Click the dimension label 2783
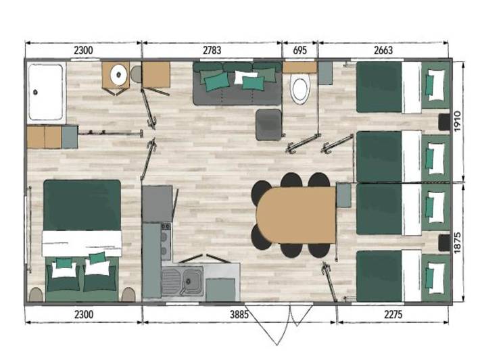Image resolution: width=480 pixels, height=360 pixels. pyautogui.click(x=212, y=49)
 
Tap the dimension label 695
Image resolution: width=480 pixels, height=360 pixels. pyautogui.click(x=299, y=49)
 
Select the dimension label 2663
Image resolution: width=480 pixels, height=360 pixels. pyautogui.click(x=382, y=49)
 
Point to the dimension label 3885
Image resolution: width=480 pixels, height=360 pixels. pyautogui.click(x=240, y=314)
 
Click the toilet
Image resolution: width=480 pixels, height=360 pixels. pyautogui.click(x=299, y=88)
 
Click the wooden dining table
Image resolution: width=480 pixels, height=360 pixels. pyautogui.click(x=295, y=215)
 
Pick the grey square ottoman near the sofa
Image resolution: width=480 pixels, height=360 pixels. pyautogui.click(x=269, y=124)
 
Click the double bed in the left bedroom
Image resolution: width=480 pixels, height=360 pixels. pyautogui.click(x=82, y=240)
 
